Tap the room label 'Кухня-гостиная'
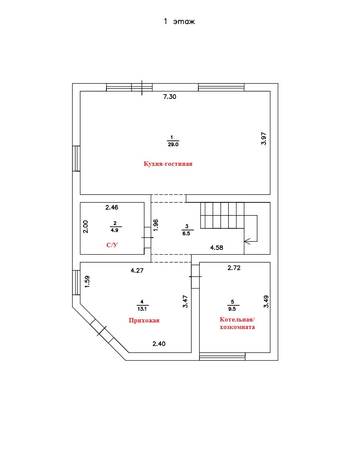coord(168,164)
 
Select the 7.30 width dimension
coord(170,97)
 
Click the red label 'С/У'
coord(112,245)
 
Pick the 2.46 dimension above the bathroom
coord(112,207)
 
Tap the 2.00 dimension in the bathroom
coord(86,227)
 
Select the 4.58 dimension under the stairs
coord(217,248)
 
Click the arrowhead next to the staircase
coord(247,241)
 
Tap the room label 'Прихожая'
coord(144,320)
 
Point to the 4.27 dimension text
coord(138,271)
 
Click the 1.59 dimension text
coord(87,282)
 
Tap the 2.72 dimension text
coord(234,267)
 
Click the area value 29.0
coord(173,144)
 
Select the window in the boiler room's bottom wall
coord(222,356)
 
